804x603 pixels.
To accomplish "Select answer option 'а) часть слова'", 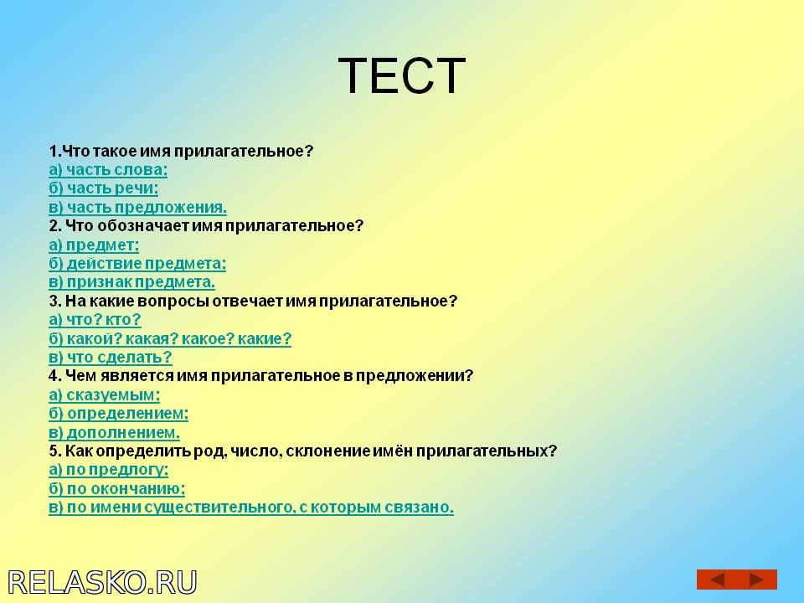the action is pyautogui.click(x=108, y=170).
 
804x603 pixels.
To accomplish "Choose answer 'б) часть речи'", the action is pyautogui.click(x=104, y=188).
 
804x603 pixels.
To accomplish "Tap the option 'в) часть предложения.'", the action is pyautogui.click(x=138, y=207).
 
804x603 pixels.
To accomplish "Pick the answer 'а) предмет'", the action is pyautogui.click(x=94, y=245).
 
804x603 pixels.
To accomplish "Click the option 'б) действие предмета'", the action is pyautogui.click(x=137, y=264).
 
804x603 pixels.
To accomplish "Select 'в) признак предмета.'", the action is pyautogui.click(x=131, y=282).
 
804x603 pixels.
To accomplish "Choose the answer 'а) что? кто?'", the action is pyautogui.click(x=95, y=319).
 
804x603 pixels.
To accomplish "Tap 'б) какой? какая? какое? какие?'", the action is pyautogui.click(x=170, y=338).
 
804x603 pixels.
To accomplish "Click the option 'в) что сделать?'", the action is pyautogui.click(x=111, y=357).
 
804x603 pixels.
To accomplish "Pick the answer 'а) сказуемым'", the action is pyautogui.click(x=105, y=394).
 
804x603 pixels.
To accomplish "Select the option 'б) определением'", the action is pyautogui.click(x=118, y=413).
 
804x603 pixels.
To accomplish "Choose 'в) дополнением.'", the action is pyautogui.click(x=115, y=432).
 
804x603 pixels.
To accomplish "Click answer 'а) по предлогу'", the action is pyautogui.click(x=109, y=470).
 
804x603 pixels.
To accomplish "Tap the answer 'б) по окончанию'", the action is pyautogui.click(x=117, y=488).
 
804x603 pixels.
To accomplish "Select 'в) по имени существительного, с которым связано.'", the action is pyautogui.click(x=251, y=508).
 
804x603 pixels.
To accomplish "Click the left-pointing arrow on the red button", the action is pyautogui.click(x=718, y=580).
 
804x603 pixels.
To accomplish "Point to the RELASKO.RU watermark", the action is pyautogui.click(x=102, y=583).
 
